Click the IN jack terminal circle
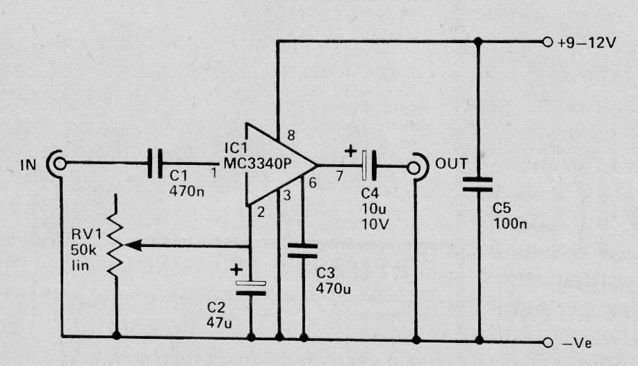[x=60, y=164]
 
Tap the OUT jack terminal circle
[x=414, y=168]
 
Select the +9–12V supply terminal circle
[x=548, y=42]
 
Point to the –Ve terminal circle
[x=548, y=343]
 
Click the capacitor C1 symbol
[x=154, y=164]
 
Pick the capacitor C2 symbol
[x=251, y=288]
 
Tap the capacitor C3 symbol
[x=302, y=250]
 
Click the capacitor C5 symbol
[x=477, y=184]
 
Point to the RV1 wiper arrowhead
[x=133, y=246]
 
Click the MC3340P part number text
[x=257, y=164]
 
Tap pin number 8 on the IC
[x=291, y=135]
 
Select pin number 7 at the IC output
[x=339, y=176]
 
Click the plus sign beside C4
[x=350, y=152]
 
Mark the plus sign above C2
[x=236, y=270]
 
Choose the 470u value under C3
[x=333, y=289]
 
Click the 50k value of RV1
[x=84, y=249]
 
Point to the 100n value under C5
[x=510, y=224]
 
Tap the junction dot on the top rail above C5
[x=478, y=42]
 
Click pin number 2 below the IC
[x=261, y=212]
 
